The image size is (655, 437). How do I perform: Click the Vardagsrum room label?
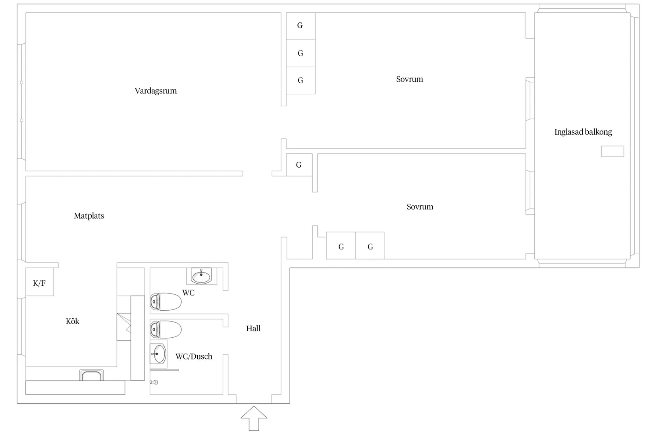(156, 91)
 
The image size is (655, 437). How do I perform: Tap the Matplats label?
(89, 216)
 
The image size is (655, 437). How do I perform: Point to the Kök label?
(73, 321)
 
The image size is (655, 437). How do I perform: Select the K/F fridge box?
(39, 282)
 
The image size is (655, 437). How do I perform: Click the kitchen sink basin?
(92, 375)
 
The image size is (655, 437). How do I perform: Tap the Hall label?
(253, 329)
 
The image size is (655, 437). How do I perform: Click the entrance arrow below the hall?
(254, 418)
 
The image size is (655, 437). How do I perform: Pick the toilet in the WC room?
(166, 302)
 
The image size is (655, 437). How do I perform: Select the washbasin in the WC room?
(201, 276)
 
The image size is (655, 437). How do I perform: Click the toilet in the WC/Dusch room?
(166, 329)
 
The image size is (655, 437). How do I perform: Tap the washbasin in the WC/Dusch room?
(158, 354)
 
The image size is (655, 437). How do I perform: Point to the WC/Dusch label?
(194, 356)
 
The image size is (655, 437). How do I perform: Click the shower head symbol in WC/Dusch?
(154, 382)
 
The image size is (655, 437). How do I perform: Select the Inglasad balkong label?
(583, 132)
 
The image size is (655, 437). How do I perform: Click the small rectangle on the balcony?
(613, 151)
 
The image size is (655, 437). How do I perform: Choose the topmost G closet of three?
(301, 26)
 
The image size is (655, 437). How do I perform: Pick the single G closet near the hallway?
(299, 165)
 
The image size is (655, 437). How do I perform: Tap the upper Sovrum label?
(409, 79)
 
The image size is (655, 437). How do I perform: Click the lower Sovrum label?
(420, 207)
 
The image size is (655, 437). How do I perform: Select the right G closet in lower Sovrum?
(370, 246)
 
